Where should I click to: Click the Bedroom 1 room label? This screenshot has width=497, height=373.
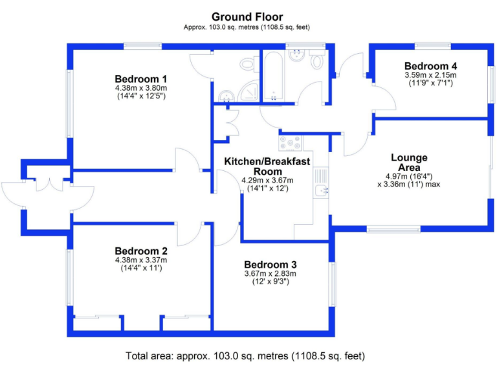pos(140,80)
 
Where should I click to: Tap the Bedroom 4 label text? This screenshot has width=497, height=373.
pos(430,66)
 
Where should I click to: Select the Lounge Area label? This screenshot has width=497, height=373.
pos(408,163)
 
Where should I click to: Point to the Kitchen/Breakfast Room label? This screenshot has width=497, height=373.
pos(267,166)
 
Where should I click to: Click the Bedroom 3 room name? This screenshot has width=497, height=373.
pos(270,264)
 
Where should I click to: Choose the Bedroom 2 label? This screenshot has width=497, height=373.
pos(140,251)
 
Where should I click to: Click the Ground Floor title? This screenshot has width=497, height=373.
pos(247,17)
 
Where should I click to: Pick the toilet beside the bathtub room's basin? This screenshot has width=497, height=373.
pos(316,62)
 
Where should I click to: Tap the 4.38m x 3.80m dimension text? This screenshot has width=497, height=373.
pos(140,88)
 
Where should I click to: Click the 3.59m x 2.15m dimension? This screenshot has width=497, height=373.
pos(430,75)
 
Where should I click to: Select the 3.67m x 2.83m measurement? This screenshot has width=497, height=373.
pos(270,274)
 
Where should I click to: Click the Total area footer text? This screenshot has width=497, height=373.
pos(245,356)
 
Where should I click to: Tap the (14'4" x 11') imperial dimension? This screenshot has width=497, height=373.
pos(140,268)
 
